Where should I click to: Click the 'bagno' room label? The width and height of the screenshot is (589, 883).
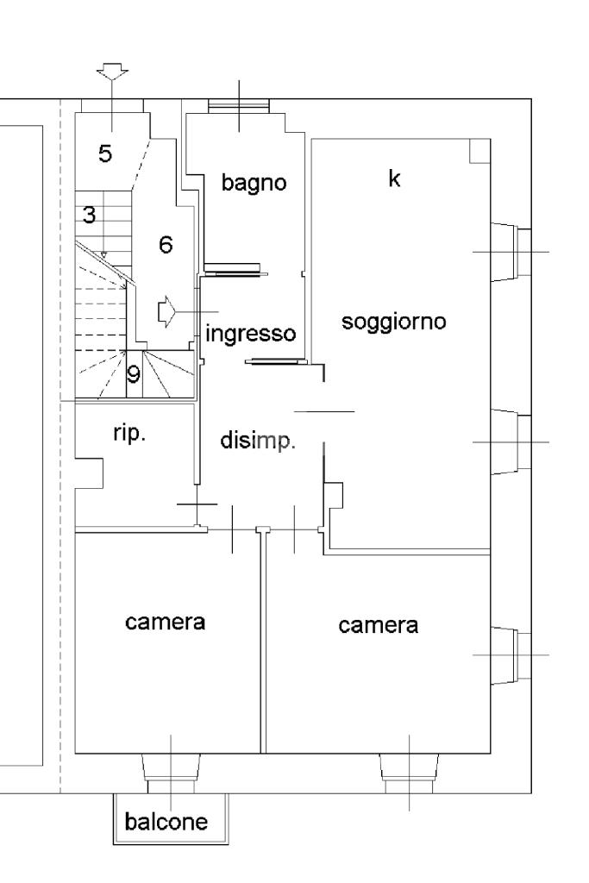pyautogui.click(x=253, y=183)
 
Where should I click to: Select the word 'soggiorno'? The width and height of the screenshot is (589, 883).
pyautogui.click(x=393, y=323)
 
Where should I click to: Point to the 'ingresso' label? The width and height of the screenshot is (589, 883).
pyautogui.click(x=251, y=333)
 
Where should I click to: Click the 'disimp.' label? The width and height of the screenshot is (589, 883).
pyautogui.click(x=258, y=441)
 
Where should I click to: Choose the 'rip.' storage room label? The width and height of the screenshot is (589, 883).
pyautogui.click(x=129, y=433)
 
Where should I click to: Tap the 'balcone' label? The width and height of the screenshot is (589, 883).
pyautogui.click(x=166, y=822)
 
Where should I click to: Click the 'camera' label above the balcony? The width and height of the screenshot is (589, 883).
pyautogui.click(x=165, y=621)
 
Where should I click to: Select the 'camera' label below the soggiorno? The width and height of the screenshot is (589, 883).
pyautogui.click(x=379, y=624)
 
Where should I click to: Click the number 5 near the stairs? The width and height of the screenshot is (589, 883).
pyautogui.click(x=104, y=154)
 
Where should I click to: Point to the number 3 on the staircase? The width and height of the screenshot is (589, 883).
pyautogui.click(x=90, y=215)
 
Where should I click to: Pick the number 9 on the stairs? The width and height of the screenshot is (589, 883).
pyautogui.click(x=134, y=374)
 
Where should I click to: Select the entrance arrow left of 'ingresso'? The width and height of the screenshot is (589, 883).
pyautogui.click(x=167, y=311)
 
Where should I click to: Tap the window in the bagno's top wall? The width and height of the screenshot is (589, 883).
pyautogui.click(x=239, y=106)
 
